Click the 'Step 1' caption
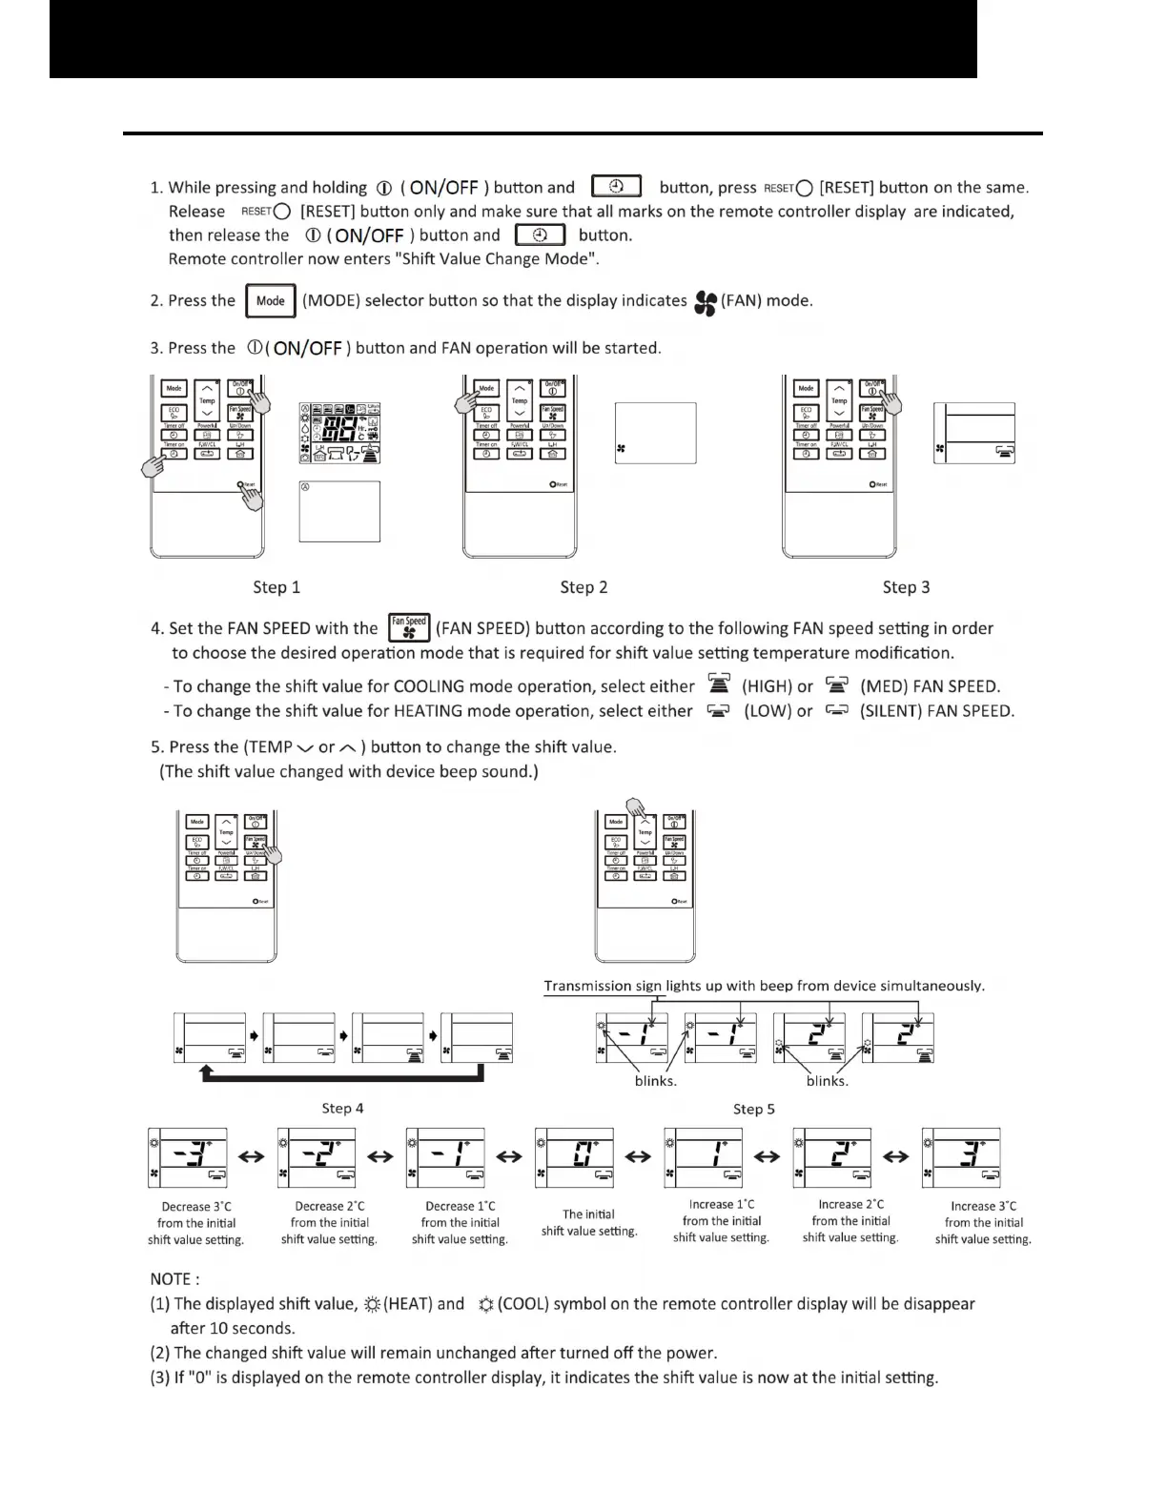[276, 587]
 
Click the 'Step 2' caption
[583, 587]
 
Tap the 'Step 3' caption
[906, 587]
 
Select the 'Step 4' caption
[342, 1108]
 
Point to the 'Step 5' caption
[754, 1109]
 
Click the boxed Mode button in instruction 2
[271, 300]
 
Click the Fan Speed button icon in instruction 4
[410, 627]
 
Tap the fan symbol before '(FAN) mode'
[706, 302]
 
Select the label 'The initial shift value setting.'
[589, 1222]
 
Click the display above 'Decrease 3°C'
[189, 1157]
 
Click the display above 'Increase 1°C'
[705, 1157]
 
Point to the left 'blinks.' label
[656, 1081]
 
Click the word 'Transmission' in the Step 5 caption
[587, 986]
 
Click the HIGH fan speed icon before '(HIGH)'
[719, 684]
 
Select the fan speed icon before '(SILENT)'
[836, 710]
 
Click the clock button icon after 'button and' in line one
[616, 186]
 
